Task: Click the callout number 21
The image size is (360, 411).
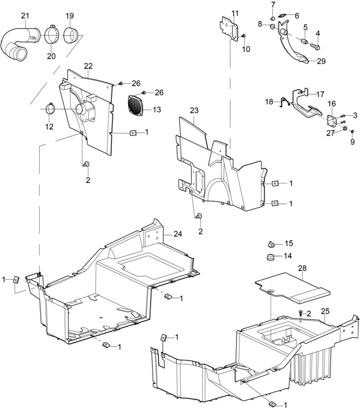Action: (x=25, y=16)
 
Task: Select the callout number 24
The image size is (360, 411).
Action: (x=178, y=233)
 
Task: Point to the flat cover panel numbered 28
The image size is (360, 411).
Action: (x=292, y=288)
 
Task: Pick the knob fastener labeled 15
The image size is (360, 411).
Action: (x=272, y=244)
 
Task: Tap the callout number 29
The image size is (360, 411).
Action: (x=321, y=61)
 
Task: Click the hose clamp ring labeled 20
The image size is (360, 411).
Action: (x=51, y=34)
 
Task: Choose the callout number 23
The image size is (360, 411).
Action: (x=194, y=110)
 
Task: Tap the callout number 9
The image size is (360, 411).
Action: (x=352, y=142)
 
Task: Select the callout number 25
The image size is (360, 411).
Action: (x=325, y=311)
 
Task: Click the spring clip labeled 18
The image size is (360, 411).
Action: (x=284, y=102)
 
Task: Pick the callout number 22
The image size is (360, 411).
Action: (x=88, y=66)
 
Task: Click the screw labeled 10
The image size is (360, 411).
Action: (x=244, y=36)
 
